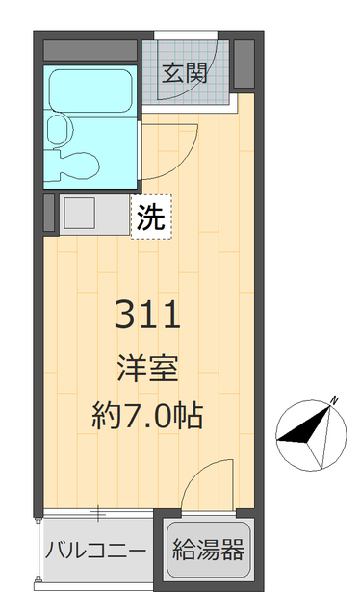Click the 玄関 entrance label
pyautogui.click(x=185, y=73)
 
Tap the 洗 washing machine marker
pyautogui.click(x=152, y=218)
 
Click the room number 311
pyautogui.click(x=148, y=315)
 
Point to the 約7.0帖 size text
pyautogui.click(x=148, y=416)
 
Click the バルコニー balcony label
pyautogui.click(x=95, y=552)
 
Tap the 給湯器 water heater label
pyautogui.click(x=209, y=552)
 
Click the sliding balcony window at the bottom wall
pyautogui.click(x=97, y=513)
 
